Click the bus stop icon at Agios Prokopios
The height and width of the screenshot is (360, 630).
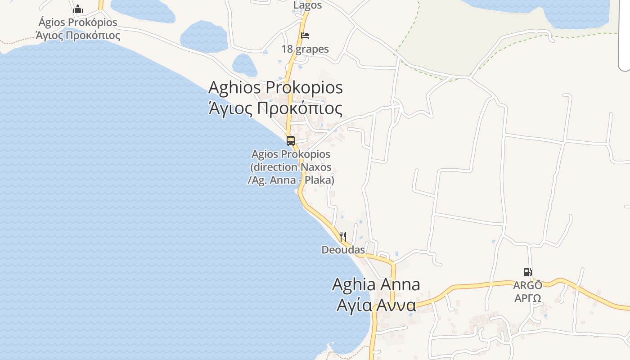tap(291, 140)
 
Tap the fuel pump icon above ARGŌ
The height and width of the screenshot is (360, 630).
tap(527, 272)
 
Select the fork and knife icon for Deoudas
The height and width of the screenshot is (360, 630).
tap(343, 236)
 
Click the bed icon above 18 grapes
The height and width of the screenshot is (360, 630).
tap(305, 36)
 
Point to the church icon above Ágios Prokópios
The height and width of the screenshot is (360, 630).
tap(78, 9)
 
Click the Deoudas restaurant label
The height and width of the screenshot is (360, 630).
tap(343, 249)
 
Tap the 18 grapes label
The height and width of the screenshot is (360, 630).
tap(305, 49)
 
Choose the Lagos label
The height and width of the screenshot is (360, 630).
tap(308, 5)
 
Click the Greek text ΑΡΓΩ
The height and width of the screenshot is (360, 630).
tap(528, 298)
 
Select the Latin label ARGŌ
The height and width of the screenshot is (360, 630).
tap(528, 285)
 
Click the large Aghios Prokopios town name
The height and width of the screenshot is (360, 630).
tap(275, 87)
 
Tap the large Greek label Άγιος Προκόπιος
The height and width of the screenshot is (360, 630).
tap(275, 108)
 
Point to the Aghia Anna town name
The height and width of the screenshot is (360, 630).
tap(376, 284)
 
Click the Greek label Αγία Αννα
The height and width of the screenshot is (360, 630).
tap(376, 305)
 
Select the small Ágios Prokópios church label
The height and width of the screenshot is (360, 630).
tap(78, 22)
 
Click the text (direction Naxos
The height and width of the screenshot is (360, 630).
tap(291, 167)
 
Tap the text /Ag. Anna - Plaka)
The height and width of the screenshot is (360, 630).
tap(291, 180)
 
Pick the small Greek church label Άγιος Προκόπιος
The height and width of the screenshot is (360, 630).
tap(78, 35)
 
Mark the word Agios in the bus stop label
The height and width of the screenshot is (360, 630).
tap(263, 154)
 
